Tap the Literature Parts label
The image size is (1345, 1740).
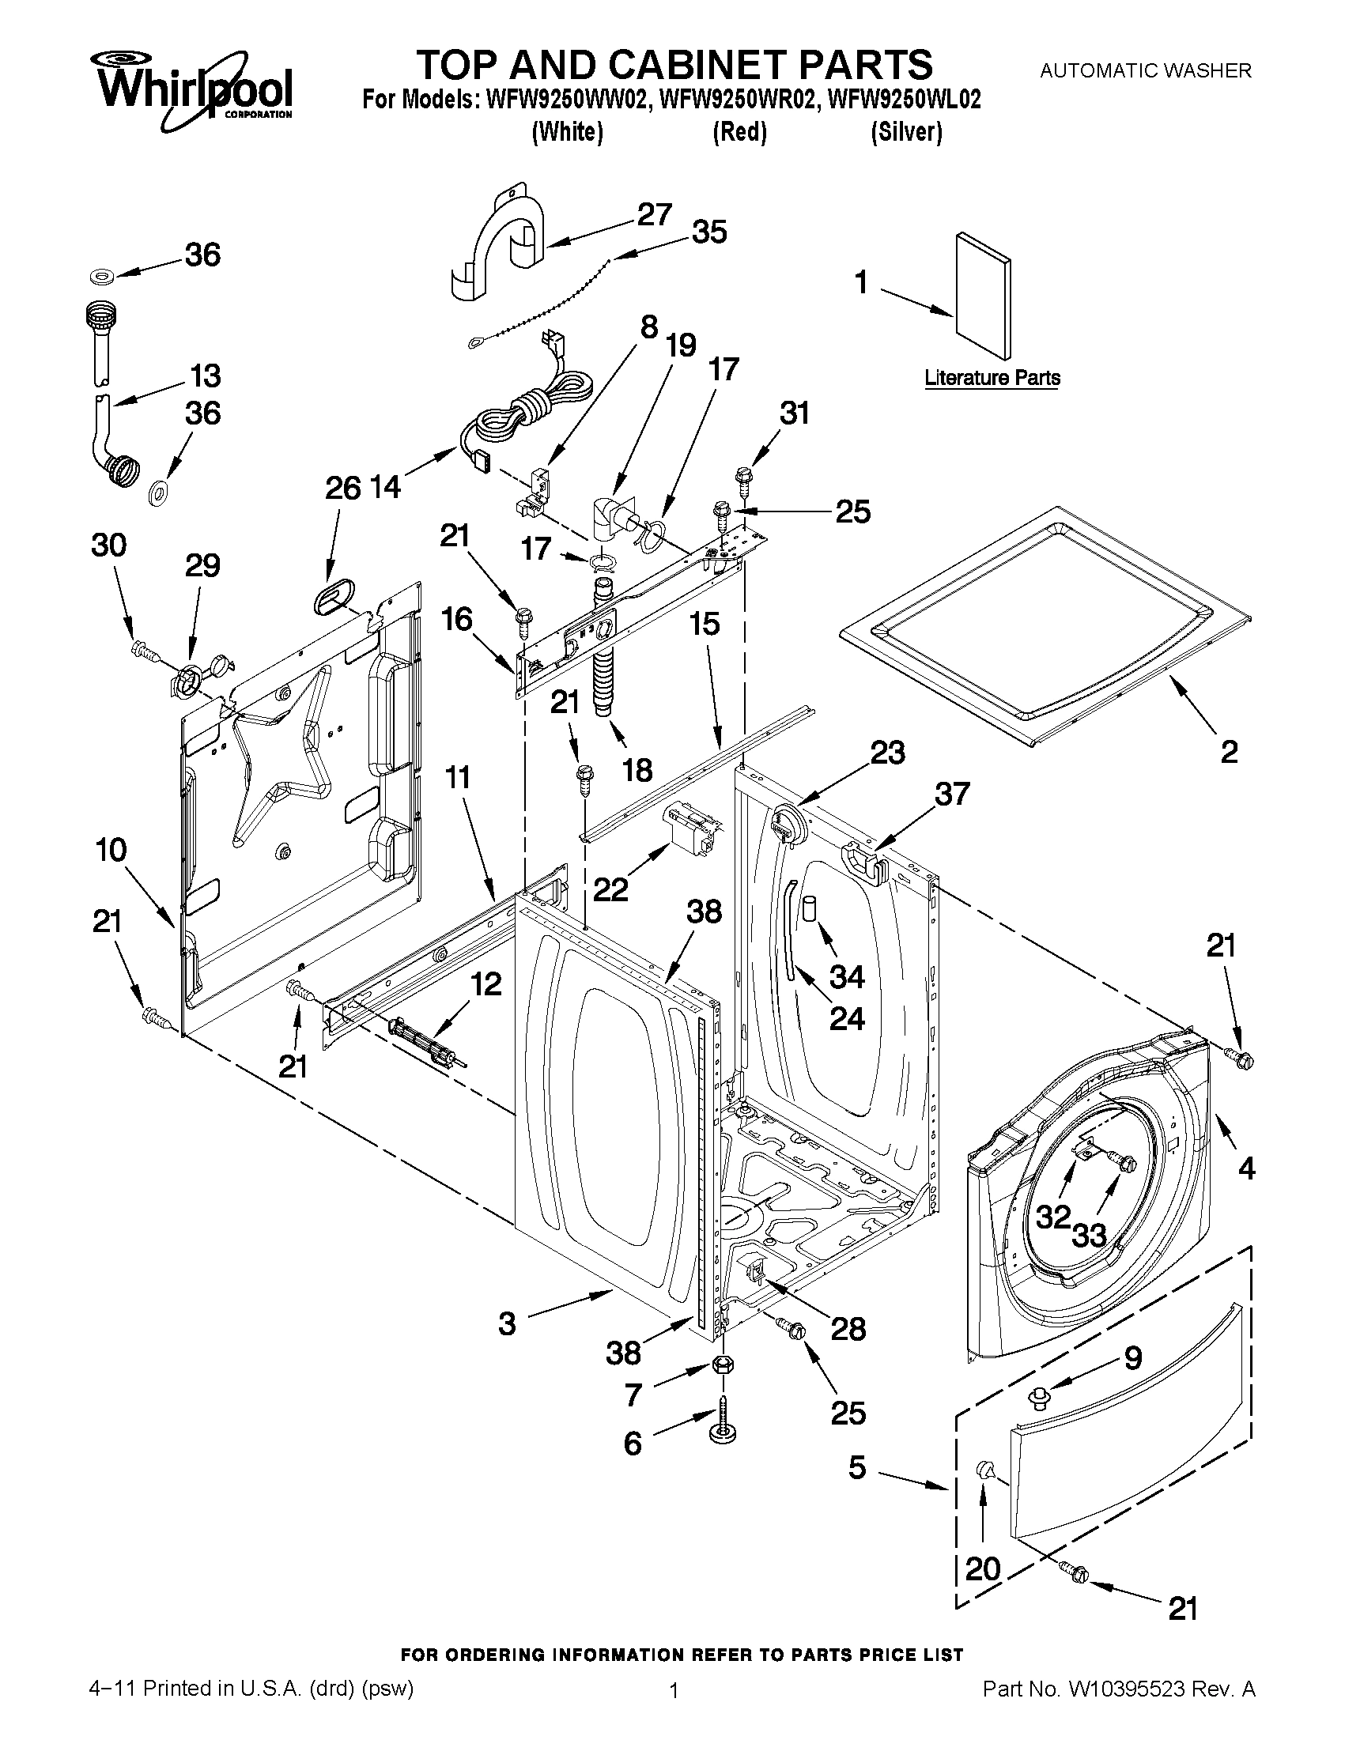pyautogui.click(x=992, y=378)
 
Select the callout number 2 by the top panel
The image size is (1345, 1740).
pyautogui.click(x=1229, y=751)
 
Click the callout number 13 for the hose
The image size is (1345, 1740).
pyautogui.click(x=205, y=375)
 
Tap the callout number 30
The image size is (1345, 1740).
pyautogui.click(x=109, y=545)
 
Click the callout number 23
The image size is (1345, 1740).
pyautogui.click(x=887, y=751)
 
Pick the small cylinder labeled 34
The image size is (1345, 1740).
pyautogui.click(x=810, y=908)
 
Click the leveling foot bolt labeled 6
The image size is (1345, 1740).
pyautogui.click(x=723, y=1425)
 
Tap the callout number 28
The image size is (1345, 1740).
pyautogui.click(x=847, y=1328)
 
